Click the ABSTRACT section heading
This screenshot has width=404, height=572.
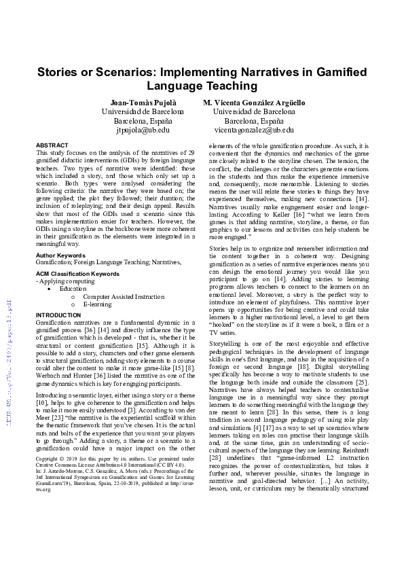click(52, 145)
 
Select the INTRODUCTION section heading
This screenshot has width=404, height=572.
click(58, 315)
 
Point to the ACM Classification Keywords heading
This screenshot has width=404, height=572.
click(77, 273)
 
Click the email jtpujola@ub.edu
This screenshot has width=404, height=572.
click(143, 129)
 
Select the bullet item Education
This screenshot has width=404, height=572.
click(73, 289)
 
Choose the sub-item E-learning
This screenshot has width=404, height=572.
click(98, 305)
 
